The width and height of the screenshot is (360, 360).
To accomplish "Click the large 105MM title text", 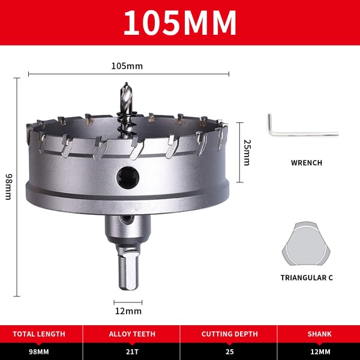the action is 180,23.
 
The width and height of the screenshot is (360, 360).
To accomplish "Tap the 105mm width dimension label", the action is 127,66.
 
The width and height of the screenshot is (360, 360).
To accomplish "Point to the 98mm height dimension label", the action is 9,187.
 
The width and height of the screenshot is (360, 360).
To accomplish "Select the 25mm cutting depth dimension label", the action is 247,152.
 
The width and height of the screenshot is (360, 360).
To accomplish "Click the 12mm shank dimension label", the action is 128,311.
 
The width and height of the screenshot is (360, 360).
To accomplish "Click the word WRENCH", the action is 307,163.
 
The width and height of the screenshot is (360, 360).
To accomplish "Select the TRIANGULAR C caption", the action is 307,278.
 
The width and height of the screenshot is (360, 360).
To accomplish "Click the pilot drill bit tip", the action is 126,83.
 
